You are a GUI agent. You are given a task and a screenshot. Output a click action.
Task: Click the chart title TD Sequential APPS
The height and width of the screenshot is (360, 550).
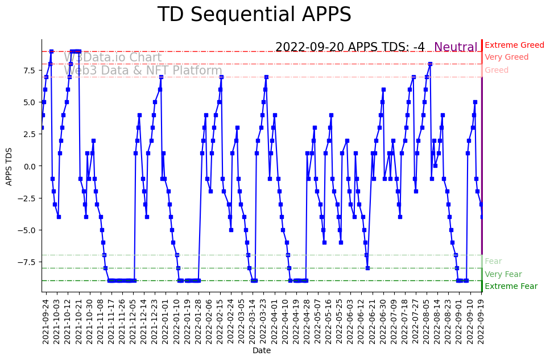pyautogui.click(x=254, y=15)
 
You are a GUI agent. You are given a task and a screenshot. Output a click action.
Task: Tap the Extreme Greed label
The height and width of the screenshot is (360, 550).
pyautogui.click(x=514, y=45)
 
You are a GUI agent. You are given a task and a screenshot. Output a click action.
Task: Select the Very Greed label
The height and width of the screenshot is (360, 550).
pyautogui.click(x=506, y=57)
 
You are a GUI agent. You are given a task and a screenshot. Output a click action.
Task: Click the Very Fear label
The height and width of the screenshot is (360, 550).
pyautogui.click(x=503, y=274)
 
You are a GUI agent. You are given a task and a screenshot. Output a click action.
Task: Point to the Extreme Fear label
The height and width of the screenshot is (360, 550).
pyautogui.click(x=511, y=286)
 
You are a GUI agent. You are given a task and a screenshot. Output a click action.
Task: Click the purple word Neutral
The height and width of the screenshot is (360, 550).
pyautogui.click(x=456, y=47)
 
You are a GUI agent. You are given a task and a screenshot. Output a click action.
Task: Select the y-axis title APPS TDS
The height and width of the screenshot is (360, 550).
pyautogui.click(x=9, y=165)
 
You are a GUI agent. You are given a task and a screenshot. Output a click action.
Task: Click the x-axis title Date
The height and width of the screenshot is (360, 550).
pyautogui.click(x=262, y=350)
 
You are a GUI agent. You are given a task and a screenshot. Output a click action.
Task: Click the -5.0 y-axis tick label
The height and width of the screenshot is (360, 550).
pyautogui.click(x=27, y=230)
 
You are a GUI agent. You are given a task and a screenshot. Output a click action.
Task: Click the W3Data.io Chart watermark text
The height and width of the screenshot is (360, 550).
pyautogui.click(x=113, y=57)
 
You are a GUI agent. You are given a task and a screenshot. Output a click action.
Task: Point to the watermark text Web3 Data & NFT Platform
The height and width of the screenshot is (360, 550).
pyautogui.click(x=143, y=71)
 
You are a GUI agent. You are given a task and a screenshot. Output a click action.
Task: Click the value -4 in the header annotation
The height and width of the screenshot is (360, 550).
pyautogui.click(x=419, y=47)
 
